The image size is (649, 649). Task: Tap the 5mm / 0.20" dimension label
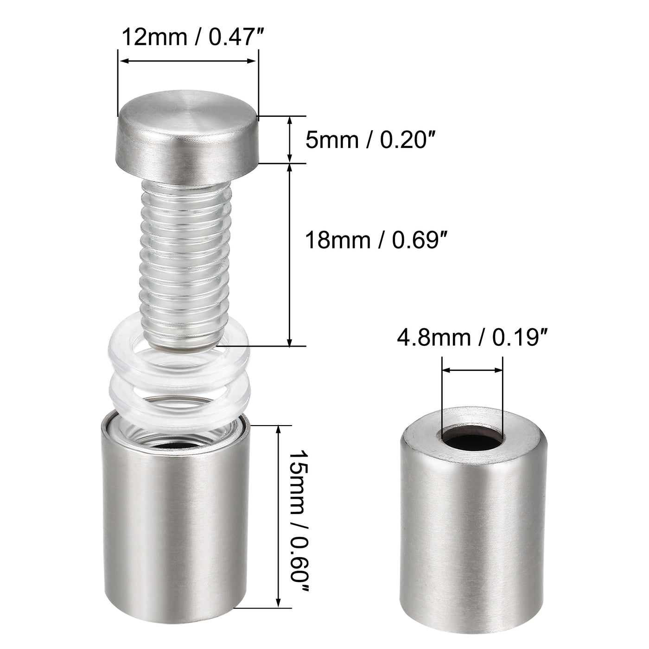pos(370,140)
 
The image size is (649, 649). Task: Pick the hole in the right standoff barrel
pos(472,438)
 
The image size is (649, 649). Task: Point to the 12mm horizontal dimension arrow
pos(188,61)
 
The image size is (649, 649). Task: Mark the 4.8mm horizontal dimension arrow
pos(472,370)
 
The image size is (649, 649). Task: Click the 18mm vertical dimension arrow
pos(290,255)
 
